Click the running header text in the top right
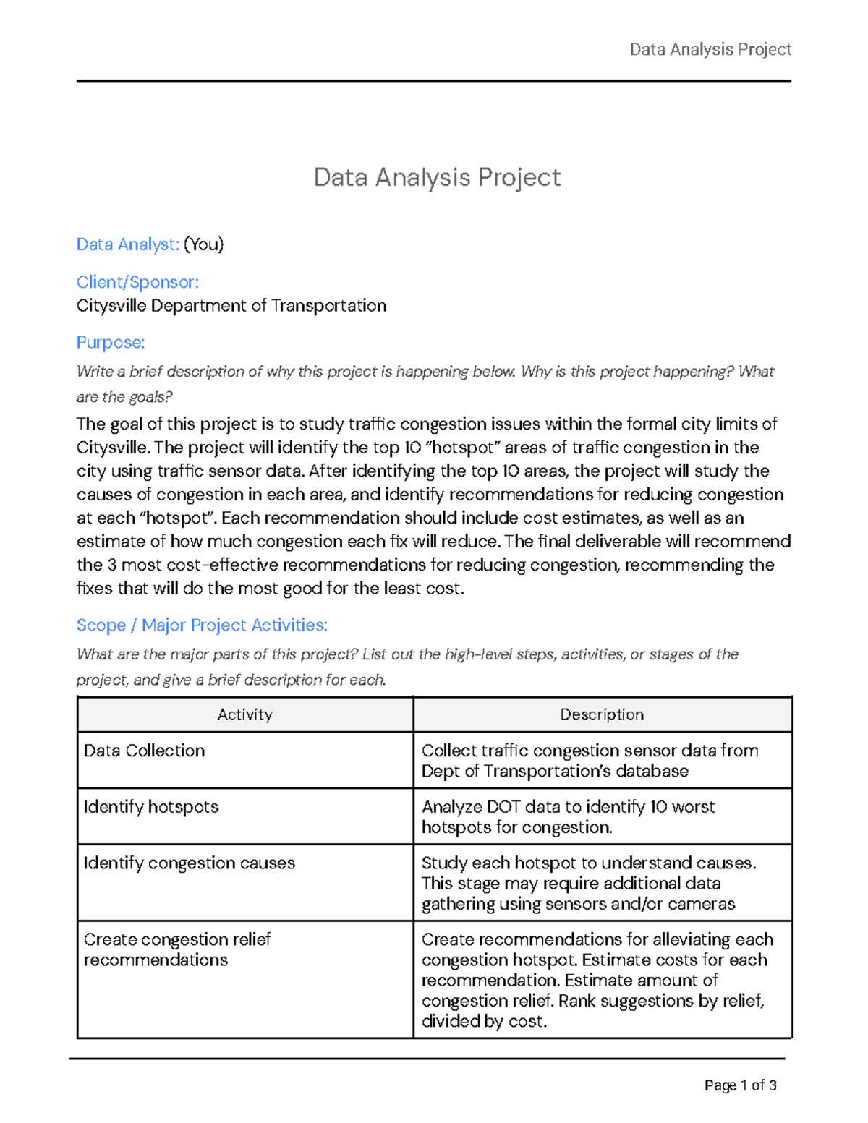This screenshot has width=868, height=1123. (710, 49)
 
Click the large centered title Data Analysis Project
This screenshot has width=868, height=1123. (437, 177)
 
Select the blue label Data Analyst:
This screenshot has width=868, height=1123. (127, 244)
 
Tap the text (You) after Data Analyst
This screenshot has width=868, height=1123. (204, 244)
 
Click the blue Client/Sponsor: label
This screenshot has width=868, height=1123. (137, 282)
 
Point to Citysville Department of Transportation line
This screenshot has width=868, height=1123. (231, 306)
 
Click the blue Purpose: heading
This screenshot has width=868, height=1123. (111, 342)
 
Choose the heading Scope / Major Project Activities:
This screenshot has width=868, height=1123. (202, 625)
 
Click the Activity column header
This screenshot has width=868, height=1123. (244, 714)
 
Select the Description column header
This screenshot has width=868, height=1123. (602, 714)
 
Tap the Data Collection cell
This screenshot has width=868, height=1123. (144, 751)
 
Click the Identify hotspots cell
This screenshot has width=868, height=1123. (151, 807)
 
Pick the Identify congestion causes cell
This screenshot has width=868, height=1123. (190, 863)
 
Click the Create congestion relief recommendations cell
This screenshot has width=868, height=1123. (176, 949)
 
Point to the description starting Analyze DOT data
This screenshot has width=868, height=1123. (568, 817)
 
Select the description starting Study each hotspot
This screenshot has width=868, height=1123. (588, 884)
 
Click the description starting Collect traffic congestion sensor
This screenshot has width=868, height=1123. (590, 761)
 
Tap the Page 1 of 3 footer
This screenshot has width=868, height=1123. (740, 1085)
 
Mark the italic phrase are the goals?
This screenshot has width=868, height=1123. (124, 398)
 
